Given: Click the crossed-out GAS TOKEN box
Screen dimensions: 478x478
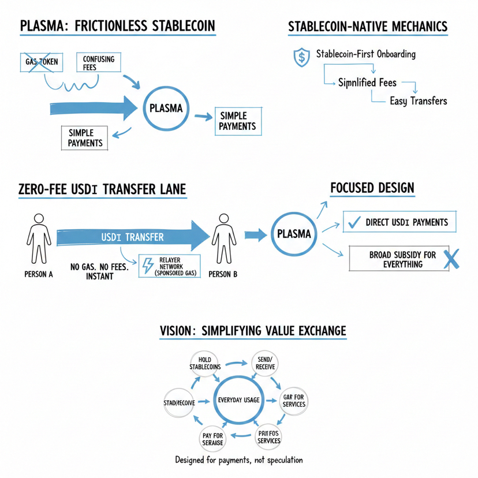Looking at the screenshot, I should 41,62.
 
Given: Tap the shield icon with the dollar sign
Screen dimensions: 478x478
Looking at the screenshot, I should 301,57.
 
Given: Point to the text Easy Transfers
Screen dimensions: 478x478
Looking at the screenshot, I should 418,101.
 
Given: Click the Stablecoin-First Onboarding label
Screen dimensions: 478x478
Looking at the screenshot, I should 365,55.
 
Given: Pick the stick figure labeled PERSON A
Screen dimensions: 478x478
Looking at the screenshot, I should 39,238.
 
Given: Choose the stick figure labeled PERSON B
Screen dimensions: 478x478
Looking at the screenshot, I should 222,238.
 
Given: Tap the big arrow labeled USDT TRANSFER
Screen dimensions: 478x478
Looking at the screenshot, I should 133,237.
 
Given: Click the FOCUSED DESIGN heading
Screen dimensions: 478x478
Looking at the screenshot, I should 372,189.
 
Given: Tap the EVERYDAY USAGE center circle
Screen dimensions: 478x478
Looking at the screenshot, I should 238,400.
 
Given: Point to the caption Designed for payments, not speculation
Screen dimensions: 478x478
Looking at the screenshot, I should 238,460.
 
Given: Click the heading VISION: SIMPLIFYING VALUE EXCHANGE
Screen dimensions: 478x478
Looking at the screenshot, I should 252,331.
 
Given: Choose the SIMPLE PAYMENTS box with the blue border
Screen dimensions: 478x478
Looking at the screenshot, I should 235,121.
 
